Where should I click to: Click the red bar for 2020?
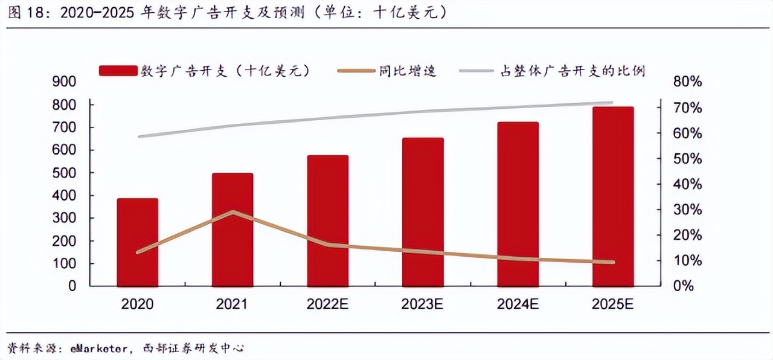(x=138, y=242)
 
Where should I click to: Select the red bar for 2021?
(x=233, y=230)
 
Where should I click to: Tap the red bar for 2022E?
(x=327, y=220)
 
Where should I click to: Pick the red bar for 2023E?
(x=423, y=212)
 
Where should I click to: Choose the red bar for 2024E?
(x=518, y=204)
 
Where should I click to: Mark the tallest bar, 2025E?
(x=613, y=196)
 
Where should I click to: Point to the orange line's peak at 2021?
(x=233, y=212)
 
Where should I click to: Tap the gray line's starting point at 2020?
(x=140, y=137)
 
